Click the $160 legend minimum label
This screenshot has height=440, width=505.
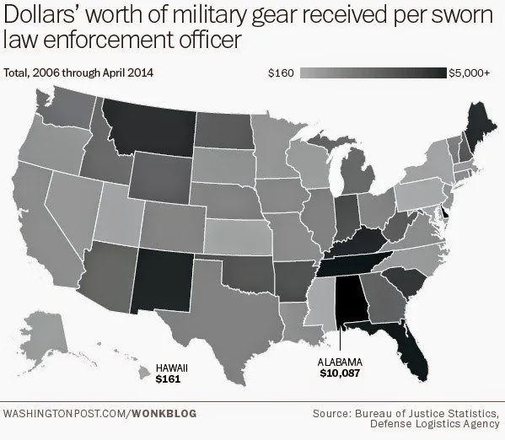point(280,74)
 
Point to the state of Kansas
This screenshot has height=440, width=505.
point(240,235)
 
